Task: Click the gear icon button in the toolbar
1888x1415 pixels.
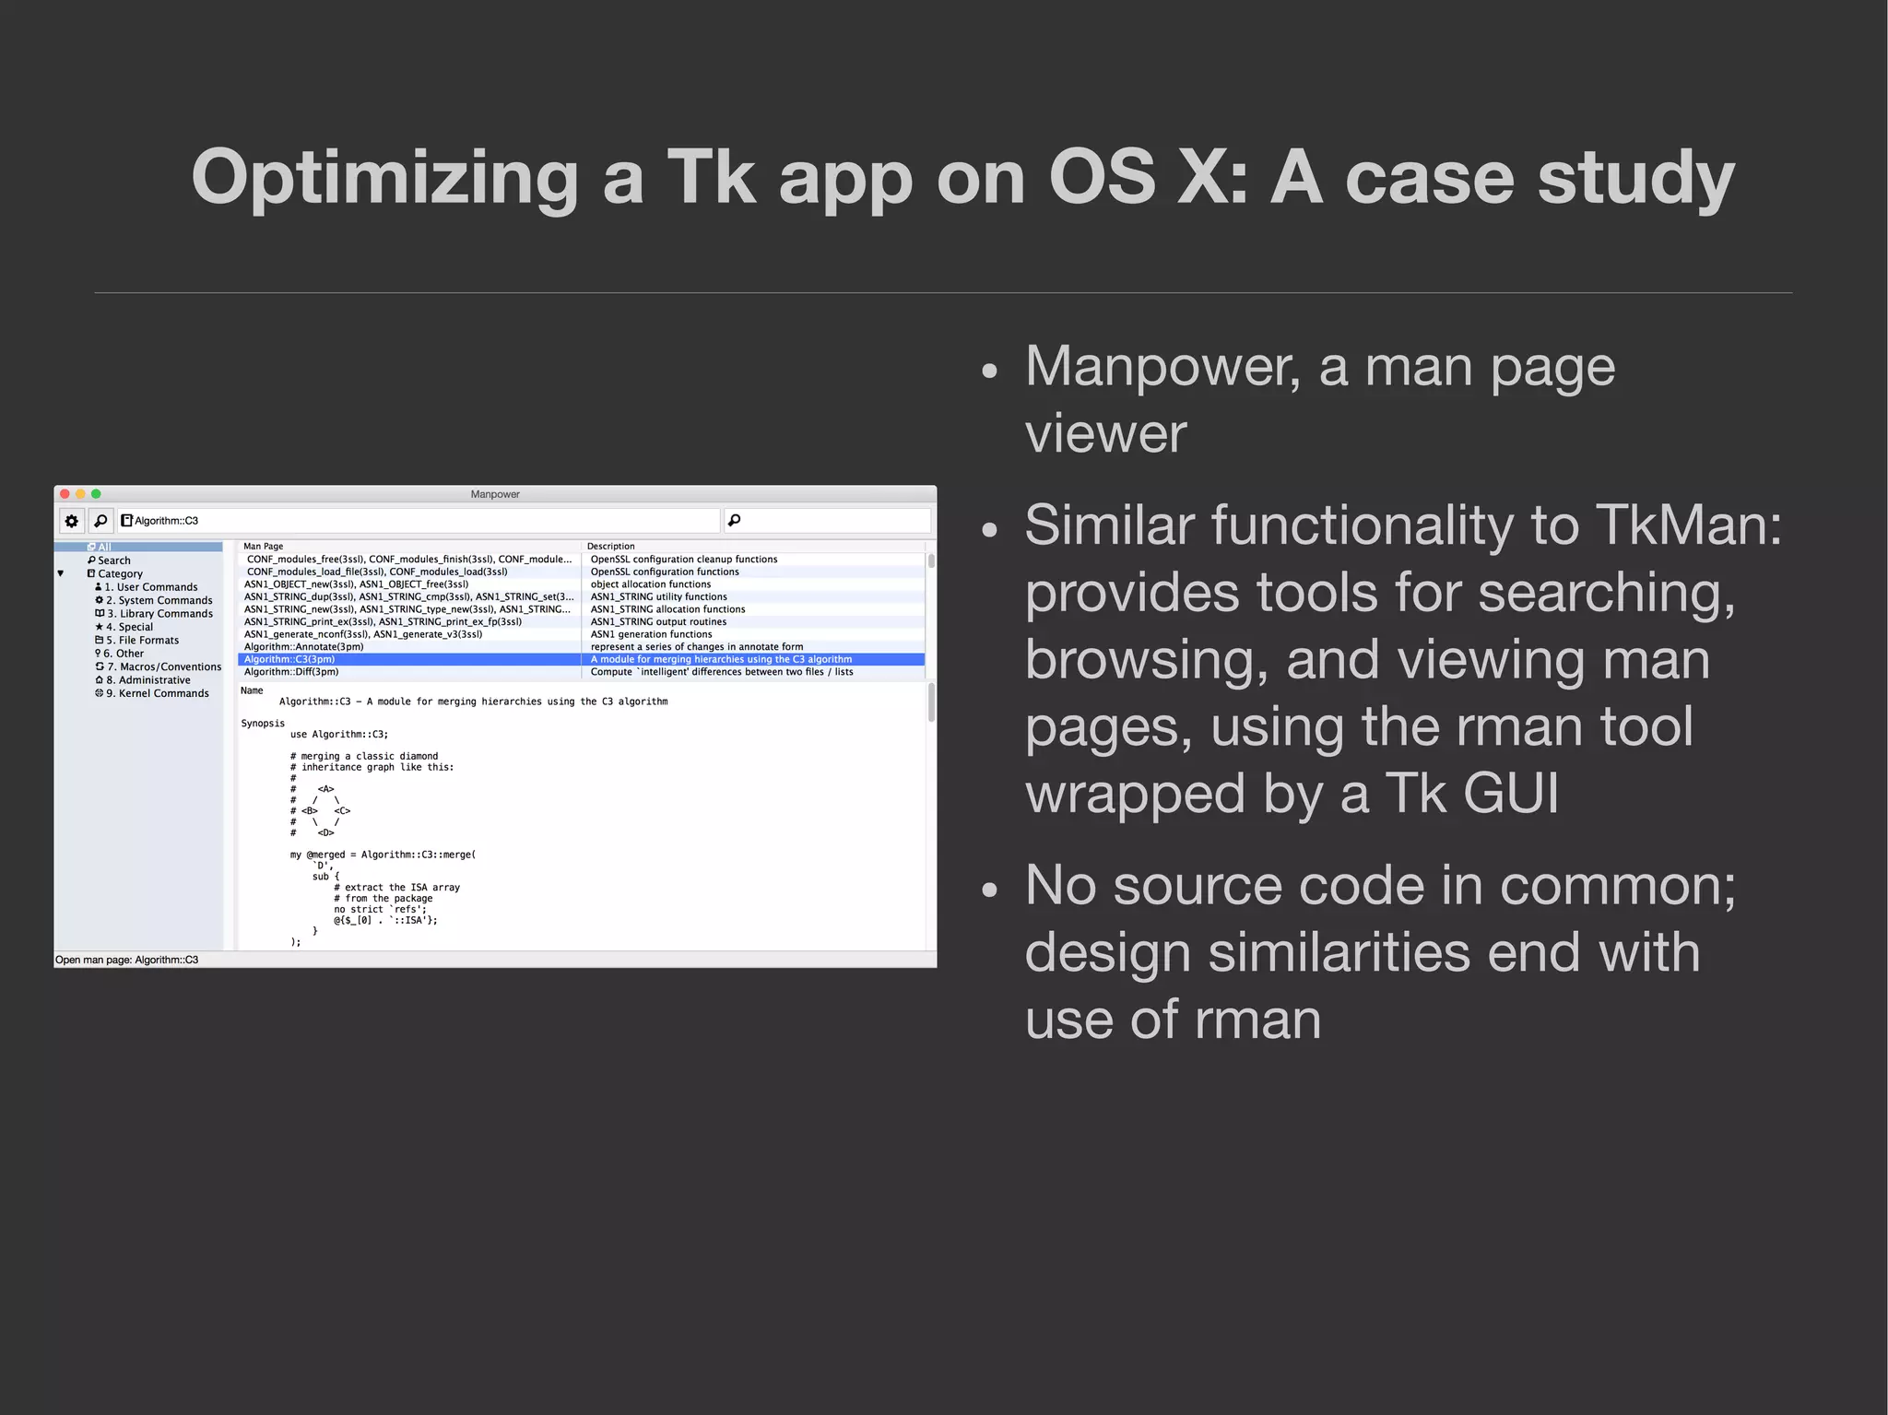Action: point(71,521)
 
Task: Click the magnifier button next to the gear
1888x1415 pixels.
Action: point(100,521)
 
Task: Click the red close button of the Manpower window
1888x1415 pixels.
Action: point(65,494)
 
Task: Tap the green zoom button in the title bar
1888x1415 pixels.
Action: point(96,494)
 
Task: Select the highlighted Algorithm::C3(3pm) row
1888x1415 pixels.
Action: point(289,659)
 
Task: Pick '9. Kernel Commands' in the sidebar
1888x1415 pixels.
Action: point(157,693)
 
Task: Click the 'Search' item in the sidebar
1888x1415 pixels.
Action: point(113,560)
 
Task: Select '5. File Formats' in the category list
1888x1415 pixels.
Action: point(142,640)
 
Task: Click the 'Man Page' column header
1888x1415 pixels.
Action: point(263,547)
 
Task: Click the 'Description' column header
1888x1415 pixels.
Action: point(610,547)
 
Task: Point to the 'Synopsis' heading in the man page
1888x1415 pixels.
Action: point(263,724)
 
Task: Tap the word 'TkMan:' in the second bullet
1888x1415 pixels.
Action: point(1688,525)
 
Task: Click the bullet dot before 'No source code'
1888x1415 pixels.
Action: point(990,890)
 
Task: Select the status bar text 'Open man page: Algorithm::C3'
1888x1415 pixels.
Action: point(127,960)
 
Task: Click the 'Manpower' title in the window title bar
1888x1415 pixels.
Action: point(495,494)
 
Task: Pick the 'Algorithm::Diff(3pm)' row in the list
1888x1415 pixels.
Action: point(291,672)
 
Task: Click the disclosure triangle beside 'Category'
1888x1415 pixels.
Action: point(61,573)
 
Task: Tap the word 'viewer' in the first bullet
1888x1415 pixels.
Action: point(1105,433)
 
